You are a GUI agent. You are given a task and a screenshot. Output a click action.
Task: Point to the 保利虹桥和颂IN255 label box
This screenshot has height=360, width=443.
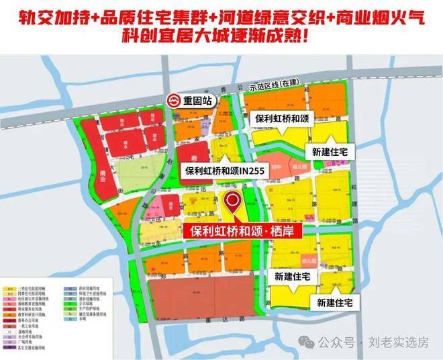226,172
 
